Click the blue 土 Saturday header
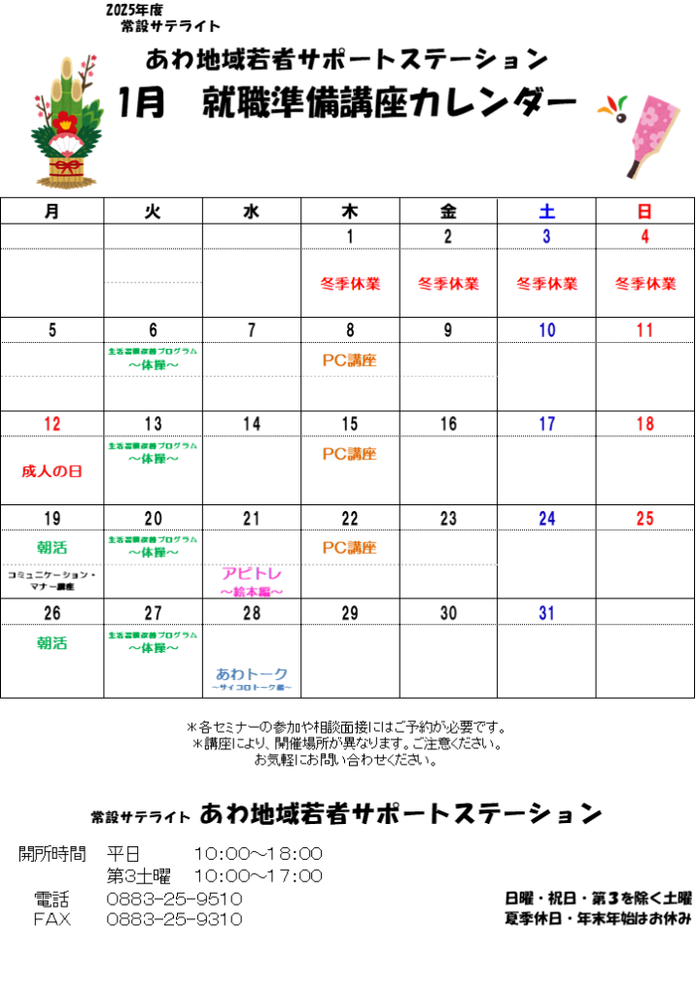tap(546, 211)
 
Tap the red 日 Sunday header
tap(645, 211)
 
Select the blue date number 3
tap(546, 237)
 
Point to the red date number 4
tap(645, 237)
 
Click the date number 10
tap(546, 330)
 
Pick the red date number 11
tap(645, 330)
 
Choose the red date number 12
tap(52, 425)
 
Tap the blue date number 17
tap(546, 425)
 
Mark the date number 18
tap(645, 425)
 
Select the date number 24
tap(546, 519)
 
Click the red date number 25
tap(645, 519)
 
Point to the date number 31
tap(546, 613)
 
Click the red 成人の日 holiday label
tap(52, 471)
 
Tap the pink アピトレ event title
tap(252, 574)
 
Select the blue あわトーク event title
tap(252, 673)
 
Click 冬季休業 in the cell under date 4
tap(645, 284)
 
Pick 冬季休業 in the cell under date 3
tap(546, 284)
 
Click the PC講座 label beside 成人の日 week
tap(350, 454)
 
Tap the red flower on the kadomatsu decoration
tap(65, 121)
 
